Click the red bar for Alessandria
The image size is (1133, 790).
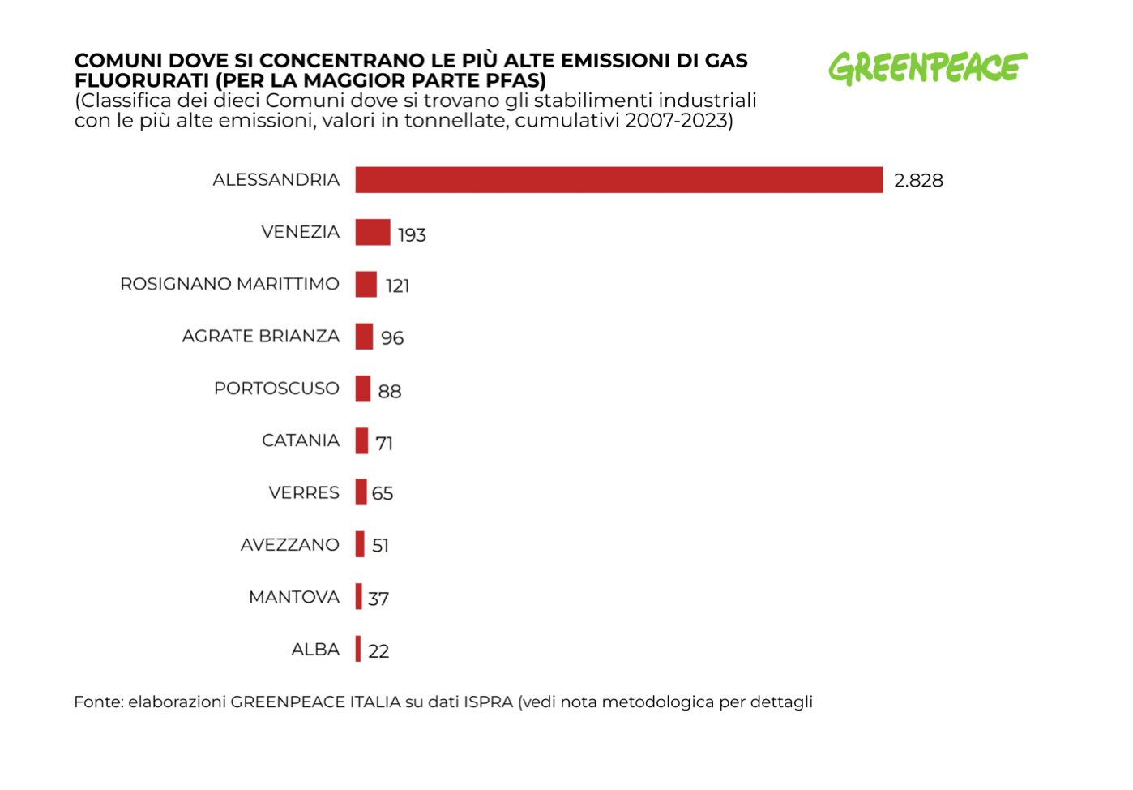618,180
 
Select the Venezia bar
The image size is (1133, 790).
373,232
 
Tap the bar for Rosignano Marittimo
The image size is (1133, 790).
366,284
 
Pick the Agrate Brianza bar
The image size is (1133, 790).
364,336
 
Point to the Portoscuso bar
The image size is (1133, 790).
363,389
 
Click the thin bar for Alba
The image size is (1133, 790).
358,649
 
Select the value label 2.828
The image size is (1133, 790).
918,181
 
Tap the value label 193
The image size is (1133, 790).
412,235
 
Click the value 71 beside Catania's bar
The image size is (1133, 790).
384,444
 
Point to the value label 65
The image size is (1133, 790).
383,493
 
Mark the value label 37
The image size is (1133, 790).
378,599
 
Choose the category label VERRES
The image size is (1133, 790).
304,493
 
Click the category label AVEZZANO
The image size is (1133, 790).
289,545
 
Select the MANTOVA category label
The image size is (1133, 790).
293,598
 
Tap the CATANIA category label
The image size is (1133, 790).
300,440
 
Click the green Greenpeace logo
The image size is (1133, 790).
927,68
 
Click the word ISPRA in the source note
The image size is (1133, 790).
488,702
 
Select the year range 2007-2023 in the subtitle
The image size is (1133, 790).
676,122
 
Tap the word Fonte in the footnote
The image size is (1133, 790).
98,702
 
